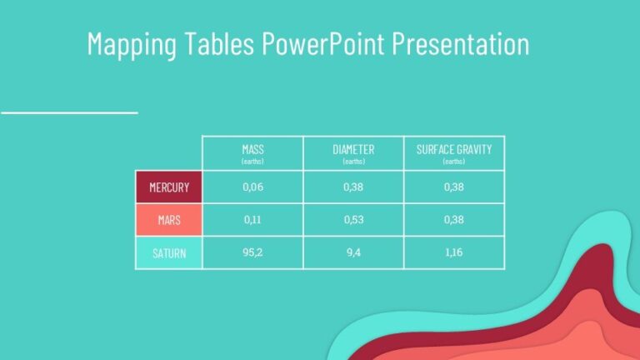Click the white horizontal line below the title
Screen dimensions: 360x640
68,111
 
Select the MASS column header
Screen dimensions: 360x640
252,150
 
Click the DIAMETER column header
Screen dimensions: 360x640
353,150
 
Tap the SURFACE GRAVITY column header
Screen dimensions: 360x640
454,150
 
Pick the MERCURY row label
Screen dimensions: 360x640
169,187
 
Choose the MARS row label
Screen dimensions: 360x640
169,220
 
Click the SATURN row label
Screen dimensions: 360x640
169,252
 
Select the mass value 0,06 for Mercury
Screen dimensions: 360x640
252,187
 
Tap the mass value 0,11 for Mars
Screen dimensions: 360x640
252,220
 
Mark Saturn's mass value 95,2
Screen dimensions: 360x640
252,252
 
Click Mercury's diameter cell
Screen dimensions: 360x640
353,187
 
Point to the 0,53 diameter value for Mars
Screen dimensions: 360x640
353,220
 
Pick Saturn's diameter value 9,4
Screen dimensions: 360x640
353,252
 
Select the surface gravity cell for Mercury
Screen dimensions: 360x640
454,187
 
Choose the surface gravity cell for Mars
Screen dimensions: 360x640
454,220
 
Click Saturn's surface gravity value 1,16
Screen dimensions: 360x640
454,252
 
